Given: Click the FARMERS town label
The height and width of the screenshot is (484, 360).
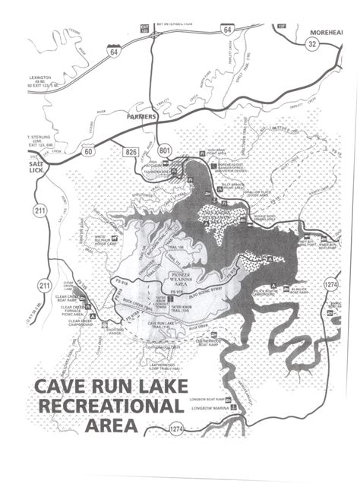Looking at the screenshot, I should [141, 119].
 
